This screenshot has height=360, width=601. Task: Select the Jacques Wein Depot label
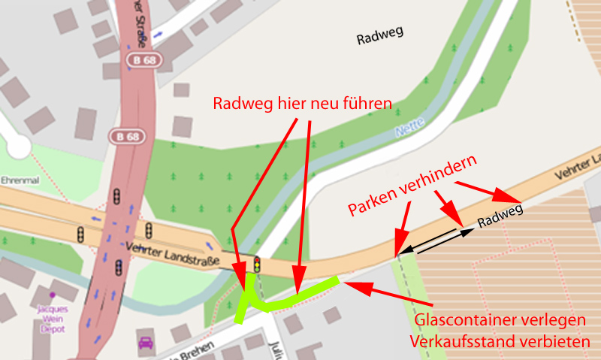tap(53, 318)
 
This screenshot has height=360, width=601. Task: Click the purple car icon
tap(146, 344)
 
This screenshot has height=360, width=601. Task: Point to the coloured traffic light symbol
tap(257, 265)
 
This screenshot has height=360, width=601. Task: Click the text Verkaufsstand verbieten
tap(500, 341)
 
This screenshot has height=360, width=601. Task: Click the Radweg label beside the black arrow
tap(500, 216)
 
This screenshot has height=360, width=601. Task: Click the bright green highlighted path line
tap(293, 298)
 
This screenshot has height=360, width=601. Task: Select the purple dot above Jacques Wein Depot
tap(53, 294)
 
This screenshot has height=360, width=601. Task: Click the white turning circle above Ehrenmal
tap(17, 145)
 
